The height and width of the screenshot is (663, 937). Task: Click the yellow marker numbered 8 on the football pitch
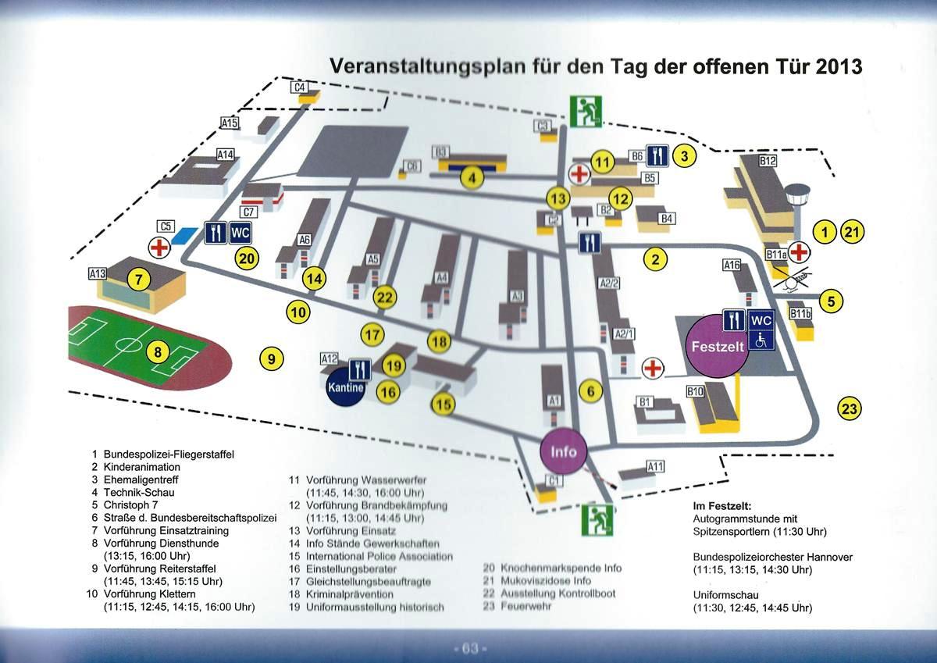point(158,352)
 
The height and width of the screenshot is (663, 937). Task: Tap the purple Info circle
point(564,451)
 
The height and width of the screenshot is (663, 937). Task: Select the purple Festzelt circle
point(716,346)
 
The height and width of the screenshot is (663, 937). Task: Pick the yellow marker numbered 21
point(853,231)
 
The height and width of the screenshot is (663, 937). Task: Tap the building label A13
point(97,274)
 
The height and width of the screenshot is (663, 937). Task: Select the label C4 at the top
point(301,87)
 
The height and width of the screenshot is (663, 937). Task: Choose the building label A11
point(655,466)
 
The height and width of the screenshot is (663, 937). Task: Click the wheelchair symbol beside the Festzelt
point(760,339)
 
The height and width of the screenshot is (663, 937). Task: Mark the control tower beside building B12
point(799,202)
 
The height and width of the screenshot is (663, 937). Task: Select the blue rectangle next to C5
point(184,234)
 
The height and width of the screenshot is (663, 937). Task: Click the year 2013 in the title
point(838,66)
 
